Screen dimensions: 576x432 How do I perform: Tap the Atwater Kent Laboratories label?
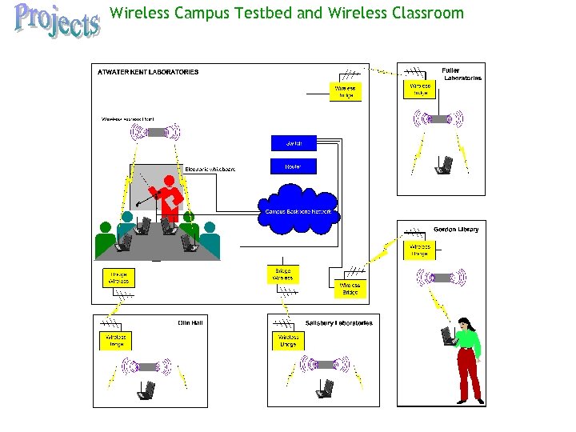(148, 72)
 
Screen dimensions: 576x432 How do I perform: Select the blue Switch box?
(294, 143)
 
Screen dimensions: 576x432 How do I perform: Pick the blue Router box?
(294, 166)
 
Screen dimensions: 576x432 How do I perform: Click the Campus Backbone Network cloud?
(299, 211)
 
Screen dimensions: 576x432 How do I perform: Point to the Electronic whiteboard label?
(210, 169)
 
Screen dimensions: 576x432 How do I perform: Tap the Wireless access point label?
(128, 119)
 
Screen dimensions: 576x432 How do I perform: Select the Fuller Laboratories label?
(462, 74)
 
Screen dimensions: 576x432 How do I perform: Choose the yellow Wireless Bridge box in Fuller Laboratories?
(421, 89)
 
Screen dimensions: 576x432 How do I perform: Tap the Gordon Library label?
(456, 230)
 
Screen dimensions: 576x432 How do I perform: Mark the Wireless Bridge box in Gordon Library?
(420, 250)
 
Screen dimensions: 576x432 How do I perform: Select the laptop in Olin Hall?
(145, 390)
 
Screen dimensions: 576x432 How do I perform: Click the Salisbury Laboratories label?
(338, 323)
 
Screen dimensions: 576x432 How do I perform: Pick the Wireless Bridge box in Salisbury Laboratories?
(289, 341)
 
